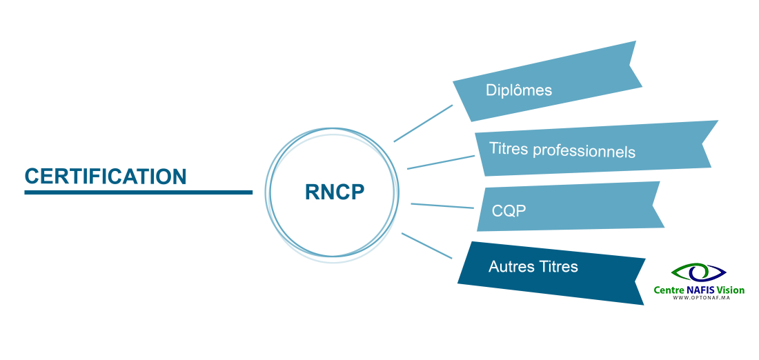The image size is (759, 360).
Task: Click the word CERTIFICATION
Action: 106,177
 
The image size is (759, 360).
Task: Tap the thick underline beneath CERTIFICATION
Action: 138,192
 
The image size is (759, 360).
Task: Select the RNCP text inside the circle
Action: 334,192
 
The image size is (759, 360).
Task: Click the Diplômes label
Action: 518,90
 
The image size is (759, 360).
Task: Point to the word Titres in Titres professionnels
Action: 509,148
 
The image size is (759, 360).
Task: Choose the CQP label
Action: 509,210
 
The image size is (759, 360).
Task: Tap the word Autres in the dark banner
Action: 510,266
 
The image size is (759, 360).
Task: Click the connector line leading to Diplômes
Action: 423,123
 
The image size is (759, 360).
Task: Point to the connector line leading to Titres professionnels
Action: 440,162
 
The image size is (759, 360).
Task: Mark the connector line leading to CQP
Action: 442,206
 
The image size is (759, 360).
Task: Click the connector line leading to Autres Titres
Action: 426,246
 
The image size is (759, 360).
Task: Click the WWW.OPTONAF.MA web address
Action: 699,297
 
